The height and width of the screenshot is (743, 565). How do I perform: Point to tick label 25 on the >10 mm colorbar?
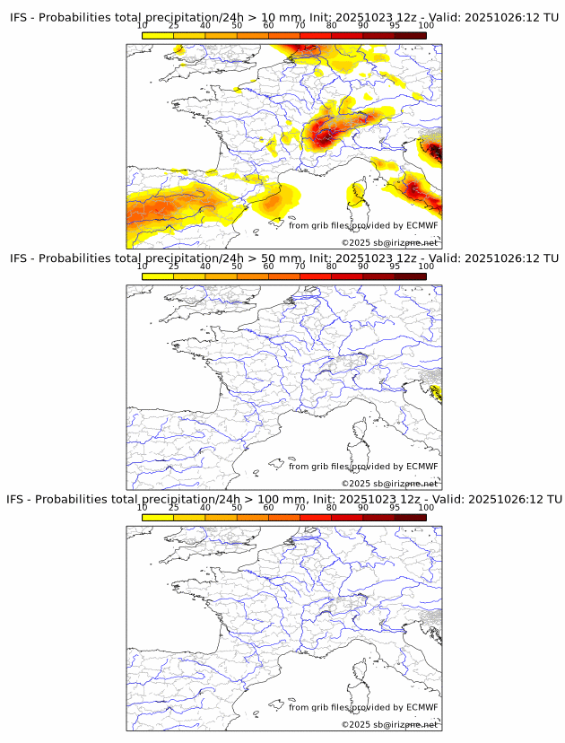pos(174,25)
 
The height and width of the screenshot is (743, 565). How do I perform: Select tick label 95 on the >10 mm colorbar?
pos(395,25)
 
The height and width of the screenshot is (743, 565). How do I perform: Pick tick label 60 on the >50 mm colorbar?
pos(268,267)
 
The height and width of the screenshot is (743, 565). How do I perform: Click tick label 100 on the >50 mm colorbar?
pos(426,267)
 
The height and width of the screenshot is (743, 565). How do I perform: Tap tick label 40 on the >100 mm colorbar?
pos(205,507)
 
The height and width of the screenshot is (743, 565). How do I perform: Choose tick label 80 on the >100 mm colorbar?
pos(332,507)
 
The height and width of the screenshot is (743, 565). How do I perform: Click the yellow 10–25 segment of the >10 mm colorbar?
pos(158,35)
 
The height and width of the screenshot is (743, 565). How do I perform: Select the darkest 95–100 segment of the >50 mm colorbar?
pos(410,276)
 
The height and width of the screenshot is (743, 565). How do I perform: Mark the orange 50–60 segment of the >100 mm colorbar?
pos(253,517)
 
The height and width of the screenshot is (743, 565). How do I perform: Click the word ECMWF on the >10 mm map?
pos(422,225)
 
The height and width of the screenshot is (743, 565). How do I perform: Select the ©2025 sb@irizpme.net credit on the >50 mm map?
pos(389,484)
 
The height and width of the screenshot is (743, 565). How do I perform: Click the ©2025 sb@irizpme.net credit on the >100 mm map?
pos(389,724)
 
